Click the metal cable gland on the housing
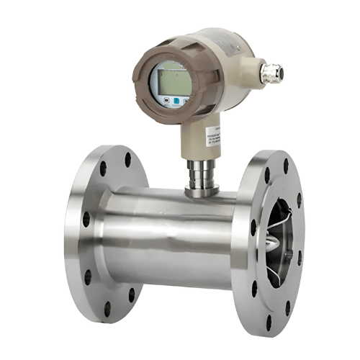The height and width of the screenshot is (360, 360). click(270, 72)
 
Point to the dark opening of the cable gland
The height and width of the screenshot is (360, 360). click(279, 73)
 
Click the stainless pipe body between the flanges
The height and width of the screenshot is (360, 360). click(173, 238)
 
